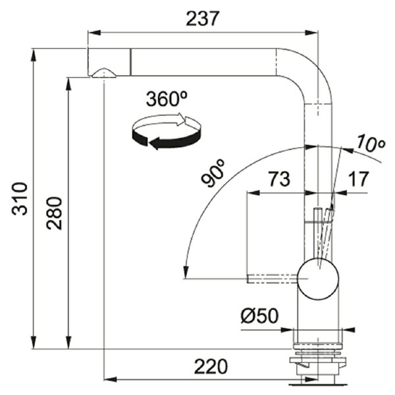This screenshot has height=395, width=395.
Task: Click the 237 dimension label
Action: coord(201,18)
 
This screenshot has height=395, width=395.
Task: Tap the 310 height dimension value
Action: coord(20,199)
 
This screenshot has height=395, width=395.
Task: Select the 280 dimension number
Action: coord(54,213)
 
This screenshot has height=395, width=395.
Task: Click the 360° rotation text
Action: coord(167,99)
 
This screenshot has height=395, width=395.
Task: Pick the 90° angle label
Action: coord(213,173)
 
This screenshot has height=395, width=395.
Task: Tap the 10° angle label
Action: coord(371,144)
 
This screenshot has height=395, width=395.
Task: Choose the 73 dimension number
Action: coord(278,179)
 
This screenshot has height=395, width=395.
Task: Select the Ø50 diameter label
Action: coord(260,315)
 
